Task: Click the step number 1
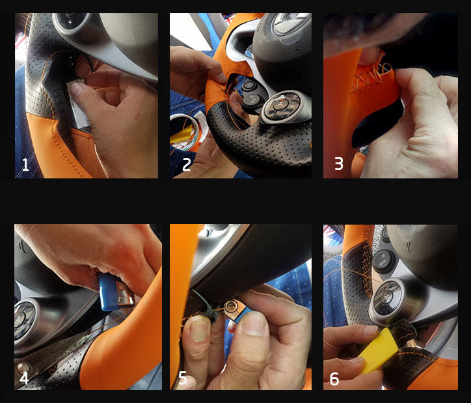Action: coord(25,165)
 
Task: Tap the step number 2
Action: coord(187,165)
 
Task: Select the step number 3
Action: coord(338,164)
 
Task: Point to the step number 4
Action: coord(24,378)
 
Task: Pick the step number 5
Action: coord(183,378)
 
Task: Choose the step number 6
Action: coord(334,379)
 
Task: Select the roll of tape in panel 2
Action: coord(188,132)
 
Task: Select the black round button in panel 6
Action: coord(383,261)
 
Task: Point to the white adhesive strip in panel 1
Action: coord(79,105)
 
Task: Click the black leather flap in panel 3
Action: coord(376,123)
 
